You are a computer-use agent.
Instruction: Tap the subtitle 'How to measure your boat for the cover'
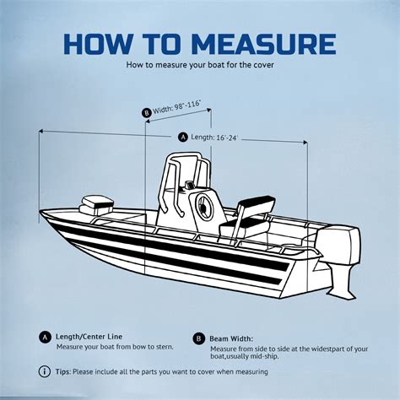tap(199, 64)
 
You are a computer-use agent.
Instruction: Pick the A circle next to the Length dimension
tap(183, 137)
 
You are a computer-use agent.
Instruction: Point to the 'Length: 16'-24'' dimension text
tap(214, 137)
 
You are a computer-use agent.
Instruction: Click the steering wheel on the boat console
tap(203, 205)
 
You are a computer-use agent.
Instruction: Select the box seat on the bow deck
tap(94, 203)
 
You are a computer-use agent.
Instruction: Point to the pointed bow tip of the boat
tap(42, 216)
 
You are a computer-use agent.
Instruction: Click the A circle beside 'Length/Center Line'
tap(45, 335)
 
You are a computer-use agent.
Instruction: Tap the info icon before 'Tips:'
tap(45, 371)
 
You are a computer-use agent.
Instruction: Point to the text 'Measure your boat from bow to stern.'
tap(113, 347)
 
